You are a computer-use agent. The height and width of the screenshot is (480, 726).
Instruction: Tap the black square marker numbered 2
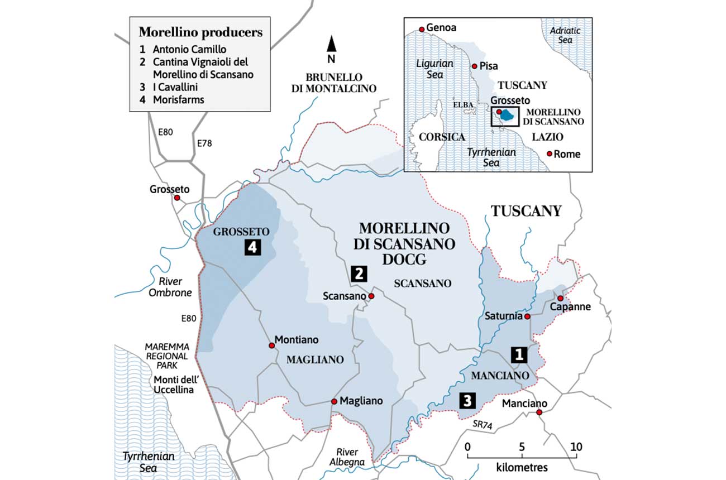point(358,273)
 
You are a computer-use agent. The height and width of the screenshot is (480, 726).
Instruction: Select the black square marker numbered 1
point(519,353)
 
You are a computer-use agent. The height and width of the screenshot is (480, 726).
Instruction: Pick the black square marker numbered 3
point(467,400)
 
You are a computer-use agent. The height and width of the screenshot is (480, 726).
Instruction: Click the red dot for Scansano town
point(371,296)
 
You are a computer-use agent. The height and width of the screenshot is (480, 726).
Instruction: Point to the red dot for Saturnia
point(527,316)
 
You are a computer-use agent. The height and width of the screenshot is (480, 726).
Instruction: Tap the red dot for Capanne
point(560,298)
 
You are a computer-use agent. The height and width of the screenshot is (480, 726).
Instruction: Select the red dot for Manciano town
point(539,412)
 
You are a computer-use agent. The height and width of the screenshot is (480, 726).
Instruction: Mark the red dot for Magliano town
point(334,401)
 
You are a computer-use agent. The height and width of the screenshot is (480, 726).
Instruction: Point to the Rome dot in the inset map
point(550,153)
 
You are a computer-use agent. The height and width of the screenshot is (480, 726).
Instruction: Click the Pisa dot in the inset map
point(474,66)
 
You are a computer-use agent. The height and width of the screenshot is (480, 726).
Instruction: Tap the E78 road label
point(205,143)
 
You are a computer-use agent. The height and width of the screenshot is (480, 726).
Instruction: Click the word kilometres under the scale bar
point(522,467)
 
